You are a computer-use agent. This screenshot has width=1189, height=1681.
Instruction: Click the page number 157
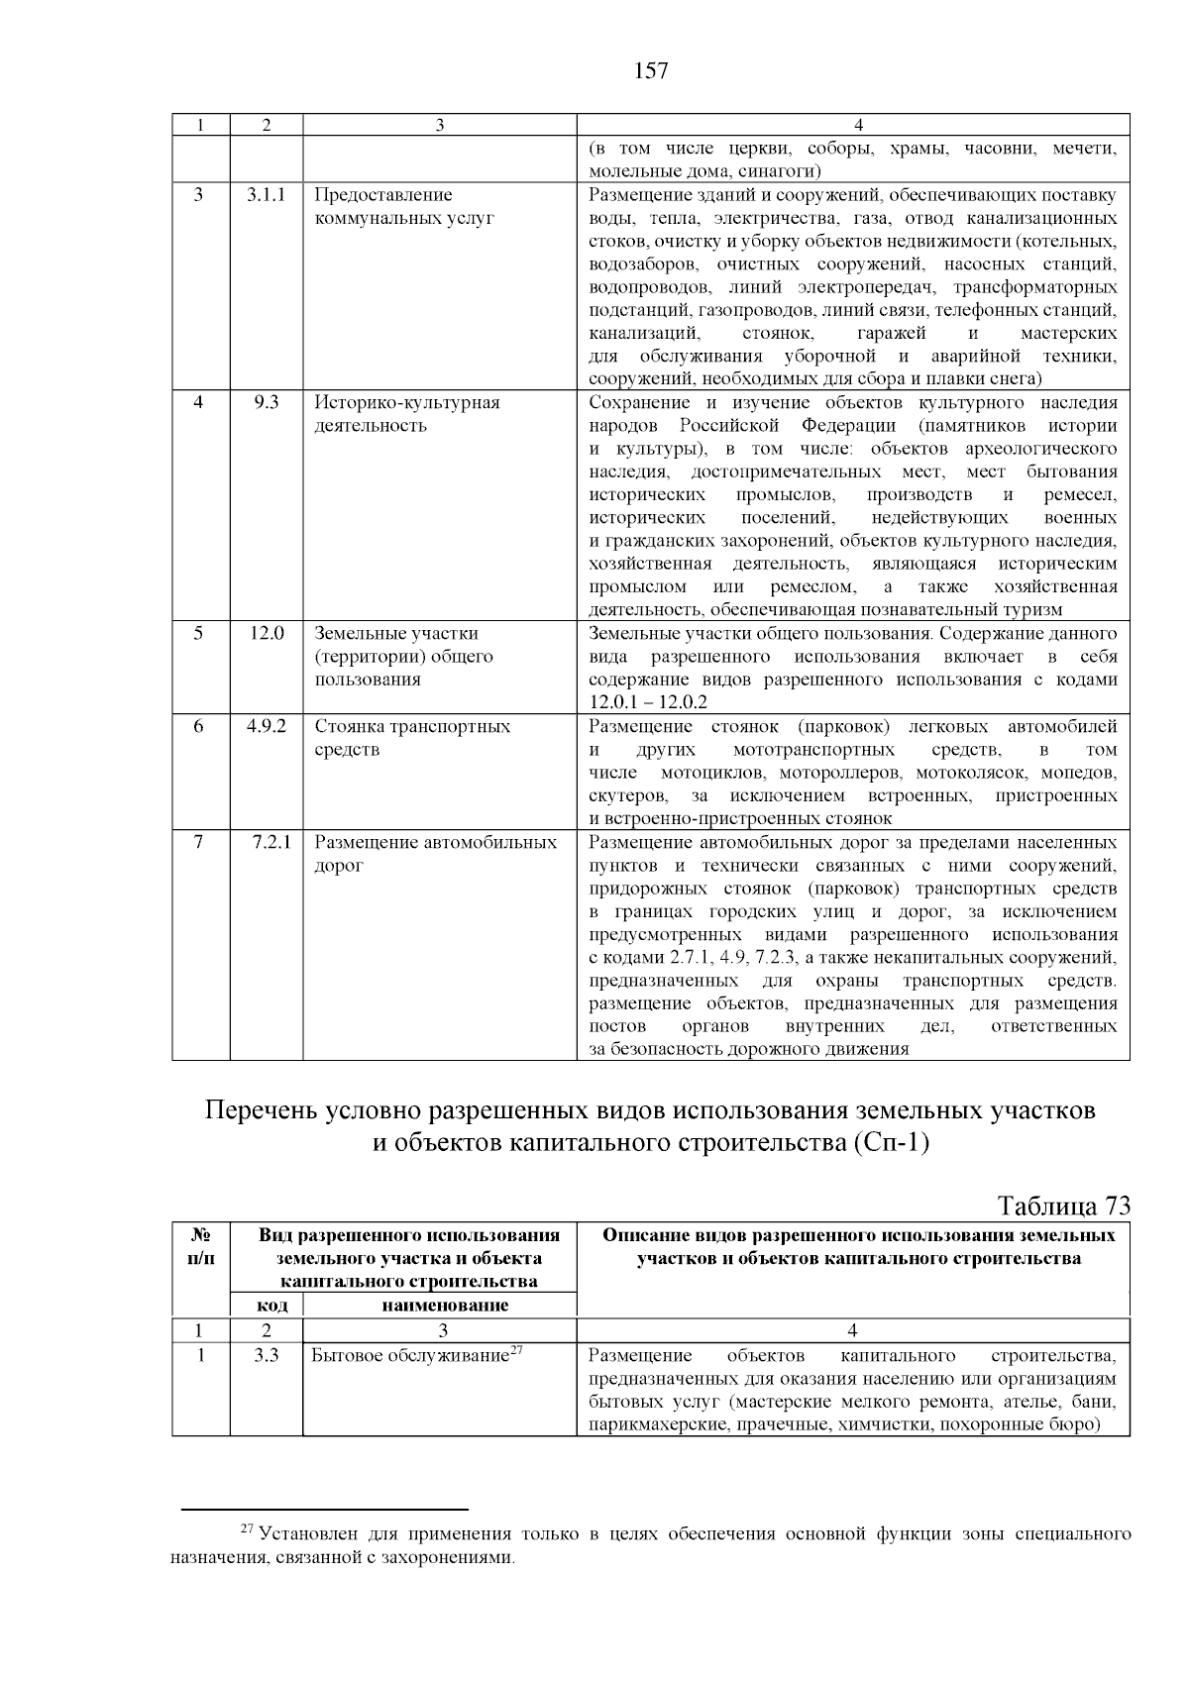pos(650,70)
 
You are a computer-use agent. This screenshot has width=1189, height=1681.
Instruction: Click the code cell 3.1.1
pos(266,195)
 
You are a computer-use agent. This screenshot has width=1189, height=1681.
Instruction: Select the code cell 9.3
pos(266,403)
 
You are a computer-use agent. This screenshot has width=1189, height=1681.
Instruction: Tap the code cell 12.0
pos(266,634)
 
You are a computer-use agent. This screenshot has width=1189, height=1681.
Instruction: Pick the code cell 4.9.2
pos(266,726)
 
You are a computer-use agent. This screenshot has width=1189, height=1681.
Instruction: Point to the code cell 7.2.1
pos(270,843)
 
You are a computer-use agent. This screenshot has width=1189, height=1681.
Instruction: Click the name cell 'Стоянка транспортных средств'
pos(412,737)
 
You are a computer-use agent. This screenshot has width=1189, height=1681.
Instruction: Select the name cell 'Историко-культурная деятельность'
pos(407,414)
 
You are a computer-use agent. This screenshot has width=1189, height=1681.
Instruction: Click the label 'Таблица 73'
pos(1063,1206)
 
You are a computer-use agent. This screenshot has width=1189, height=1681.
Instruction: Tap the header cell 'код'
pos(266,1306)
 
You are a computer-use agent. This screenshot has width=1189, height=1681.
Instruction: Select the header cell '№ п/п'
pos(200,1246)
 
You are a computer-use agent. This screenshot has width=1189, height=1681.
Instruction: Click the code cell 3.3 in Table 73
pos(266,1356)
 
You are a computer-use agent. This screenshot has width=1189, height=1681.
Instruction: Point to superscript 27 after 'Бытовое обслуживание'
pos(515,1350)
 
